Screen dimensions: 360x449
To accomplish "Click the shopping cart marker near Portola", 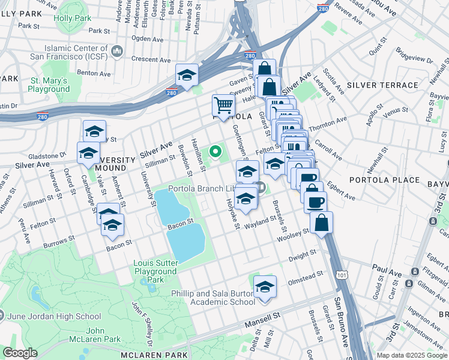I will pyautogui.click(x=223, y=106).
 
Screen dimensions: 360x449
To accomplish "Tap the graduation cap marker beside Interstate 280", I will pyautogui.click(x=187, y=76).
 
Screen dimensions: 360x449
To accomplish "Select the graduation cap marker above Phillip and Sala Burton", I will pyautogui.click(x=265, y=287).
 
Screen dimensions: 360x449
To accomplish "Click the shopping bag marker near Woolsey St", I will pyautogui.click(x=322, y=223).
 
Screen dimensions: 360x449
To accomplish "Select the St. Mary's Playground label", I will pyautogui.click(x=49, y=85).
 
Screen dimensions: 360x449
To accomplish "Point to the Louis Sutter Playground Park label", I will pyautogui.click(x=155, y=271).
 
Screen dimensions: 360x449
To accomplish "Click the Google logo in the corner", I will pyautogui.click(x=20, y=352).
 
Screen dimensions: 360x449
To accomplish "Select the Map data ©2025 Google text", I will pyautogui.click(x=411, y=355).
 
